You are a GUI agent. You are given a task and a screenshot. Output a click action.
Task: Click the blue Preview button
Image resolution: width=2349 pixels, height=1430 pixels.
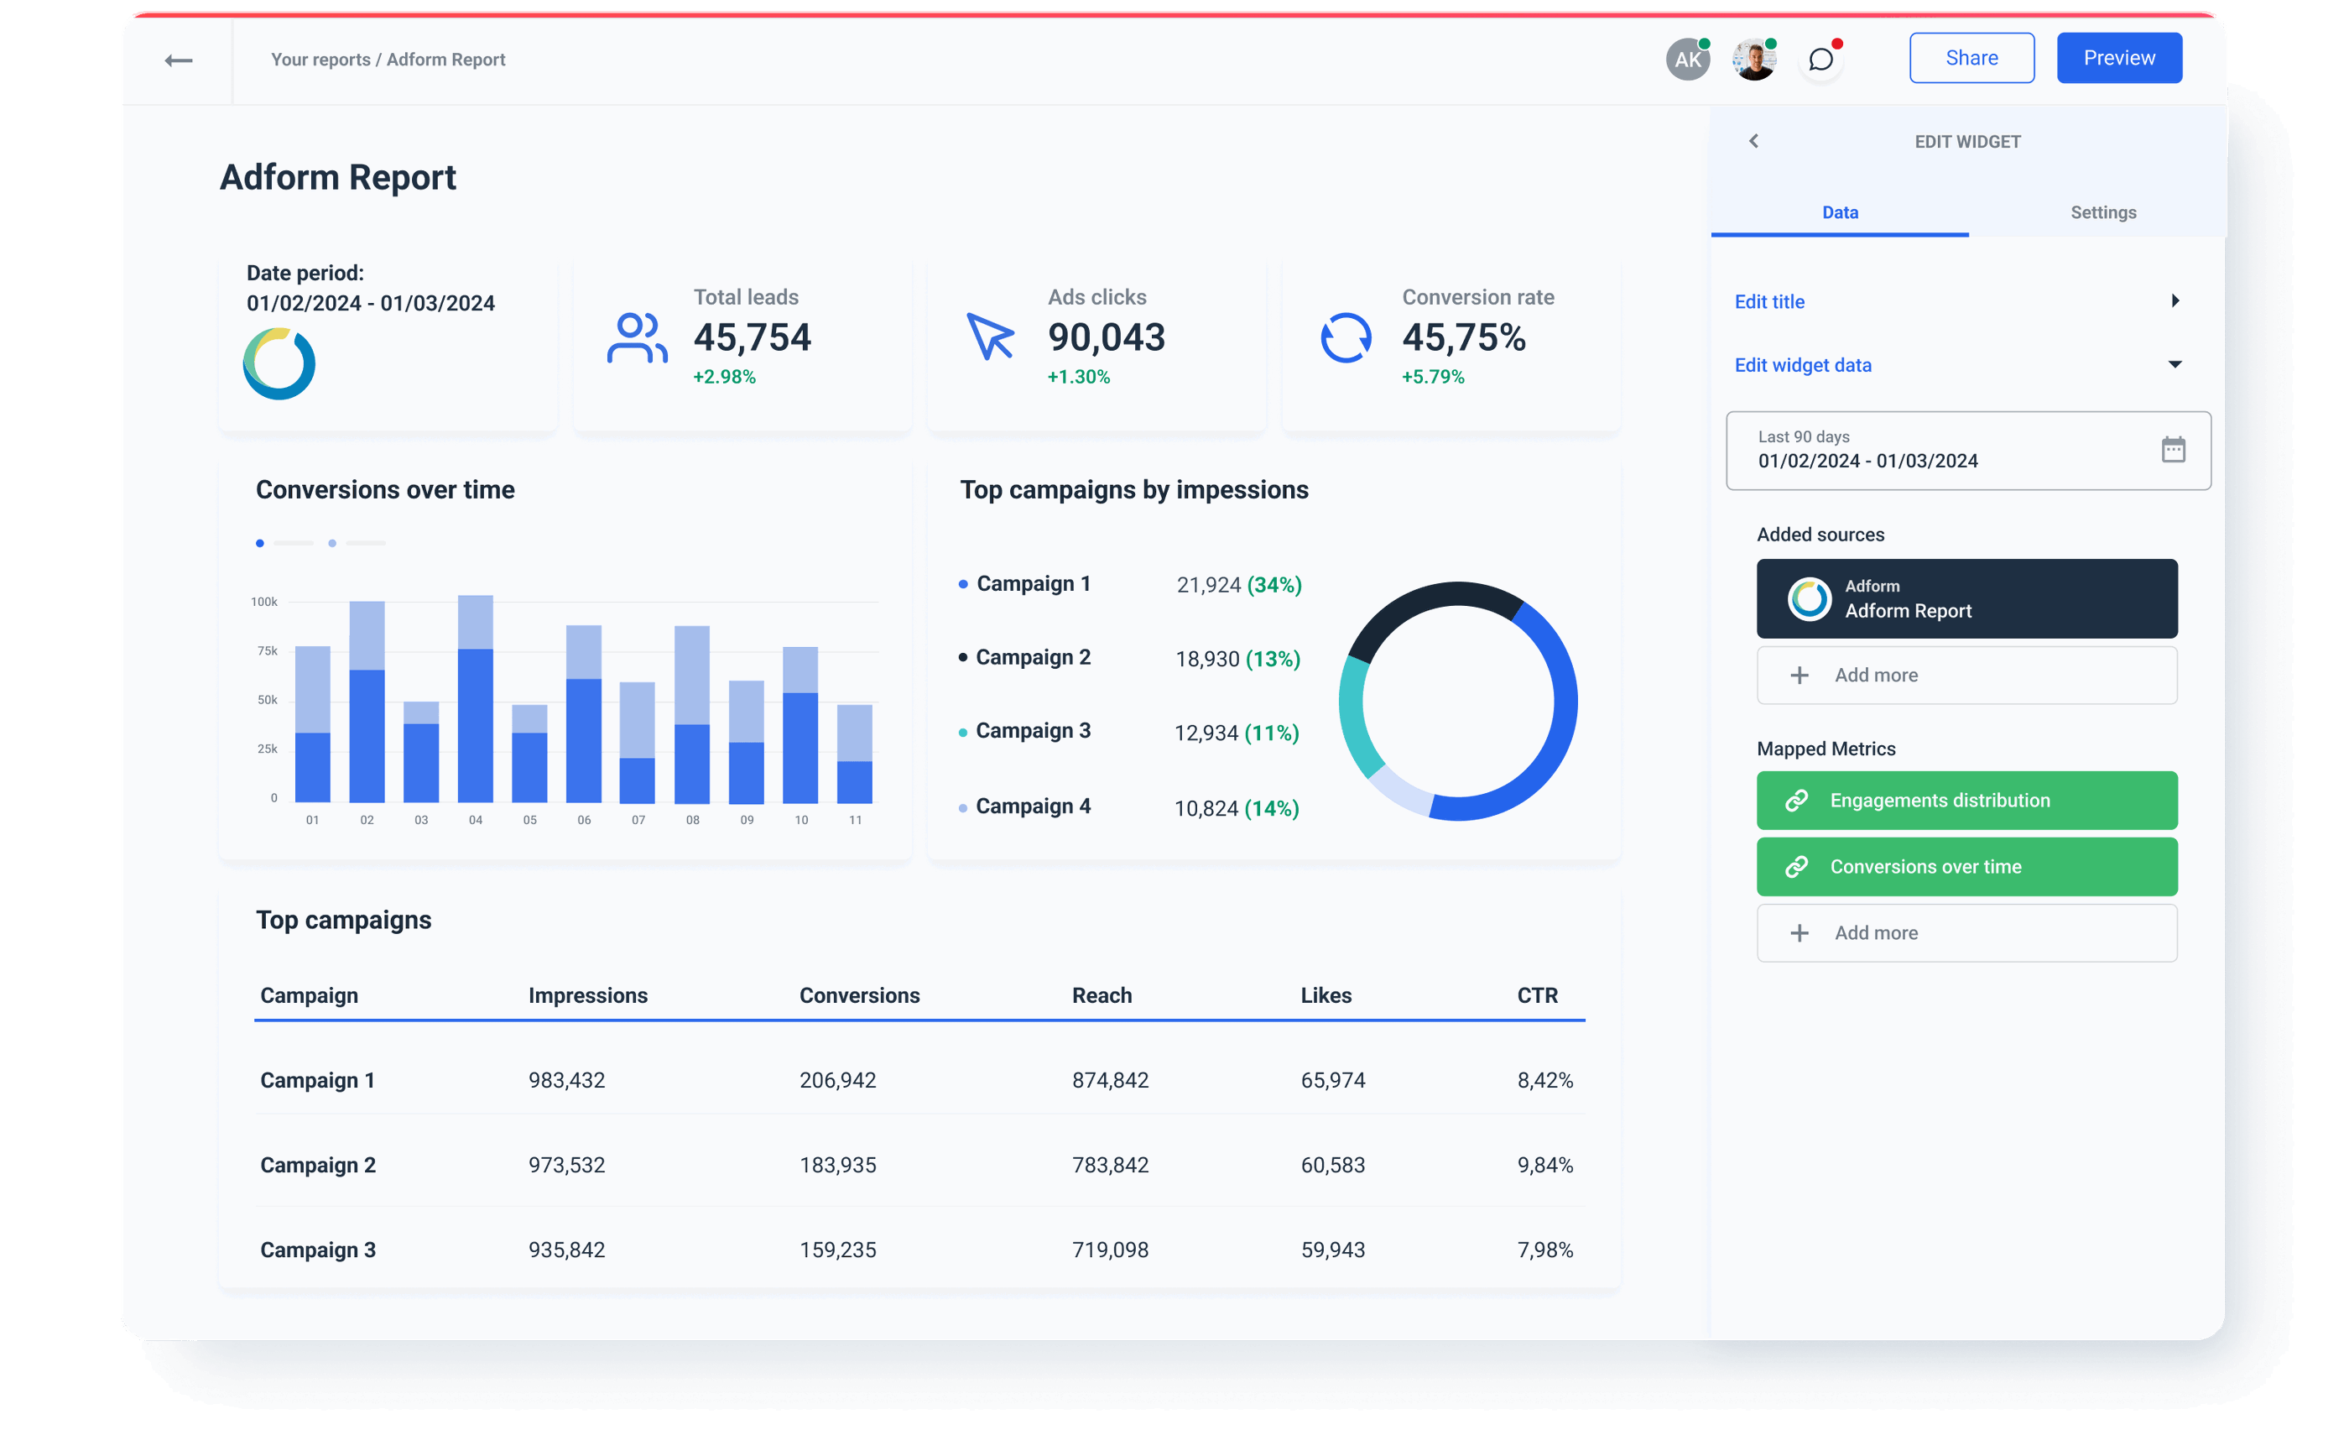click(2118, 58)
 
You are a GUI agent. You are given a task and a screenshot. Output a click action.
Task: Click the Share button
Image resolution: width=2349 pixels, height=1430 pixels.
click(1971, 58)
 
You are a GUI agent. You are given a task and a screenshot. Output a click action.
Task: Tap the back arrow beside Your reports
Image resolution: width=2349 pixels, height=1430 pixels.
click(178, 61)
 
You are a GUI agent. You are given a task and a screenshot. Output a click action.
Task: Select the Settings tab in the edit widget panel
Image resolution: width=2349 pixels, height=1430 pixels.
click(2102, 212)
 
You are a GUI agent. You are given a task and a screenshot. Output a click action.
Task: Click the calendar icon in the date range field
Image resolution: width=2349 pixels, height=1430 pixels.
click(2173, 450)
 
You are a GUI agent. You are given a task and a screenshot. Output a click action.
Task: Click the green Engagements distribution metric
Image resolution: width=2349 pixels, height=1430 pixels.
click(1966, 801)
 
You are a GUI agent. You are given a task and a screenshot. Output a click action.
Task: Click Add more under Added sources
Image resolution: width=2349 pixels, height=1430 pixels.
click(1966, 675)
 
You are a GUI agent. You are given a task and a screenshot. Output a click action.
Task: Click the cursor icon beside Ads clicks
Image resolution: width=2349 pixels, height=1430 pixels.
click(990, 337)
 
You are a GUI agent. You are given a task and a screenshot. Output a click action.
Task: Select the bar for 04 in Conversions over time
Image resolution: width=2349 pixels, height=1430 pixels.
click(475, 699)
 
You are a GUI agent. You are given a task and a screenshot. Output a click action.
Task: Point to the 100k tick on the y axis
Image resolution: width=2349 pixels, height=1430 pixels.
click(264, 602)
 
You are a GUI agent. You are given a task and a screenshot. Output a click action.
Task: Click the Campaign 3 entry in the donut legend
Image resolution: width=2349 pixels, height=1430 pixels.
click(1032, 731)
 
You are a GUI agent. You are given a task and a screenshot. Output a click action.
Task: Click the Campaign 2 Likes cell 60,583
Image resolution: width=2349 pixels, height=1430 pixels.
click(1332, 1165)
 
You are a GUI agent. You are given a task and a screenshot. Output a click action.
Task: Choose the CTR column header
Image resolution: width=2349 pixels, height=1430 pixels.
click(1537, 995)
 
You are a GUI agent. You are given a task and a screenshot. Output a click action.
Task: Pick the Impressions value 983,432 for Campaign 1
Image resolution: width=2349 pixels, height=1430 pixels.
click(566, 1080)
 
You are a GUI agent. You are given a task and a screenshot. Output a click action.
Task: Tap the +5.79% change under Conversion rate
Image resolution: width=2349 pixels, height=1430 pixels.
click(1432, 377)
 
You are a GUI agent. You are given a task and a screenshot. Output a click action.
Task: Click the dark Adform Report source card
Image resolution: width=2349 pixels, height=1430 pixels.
click(1966, 598)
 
